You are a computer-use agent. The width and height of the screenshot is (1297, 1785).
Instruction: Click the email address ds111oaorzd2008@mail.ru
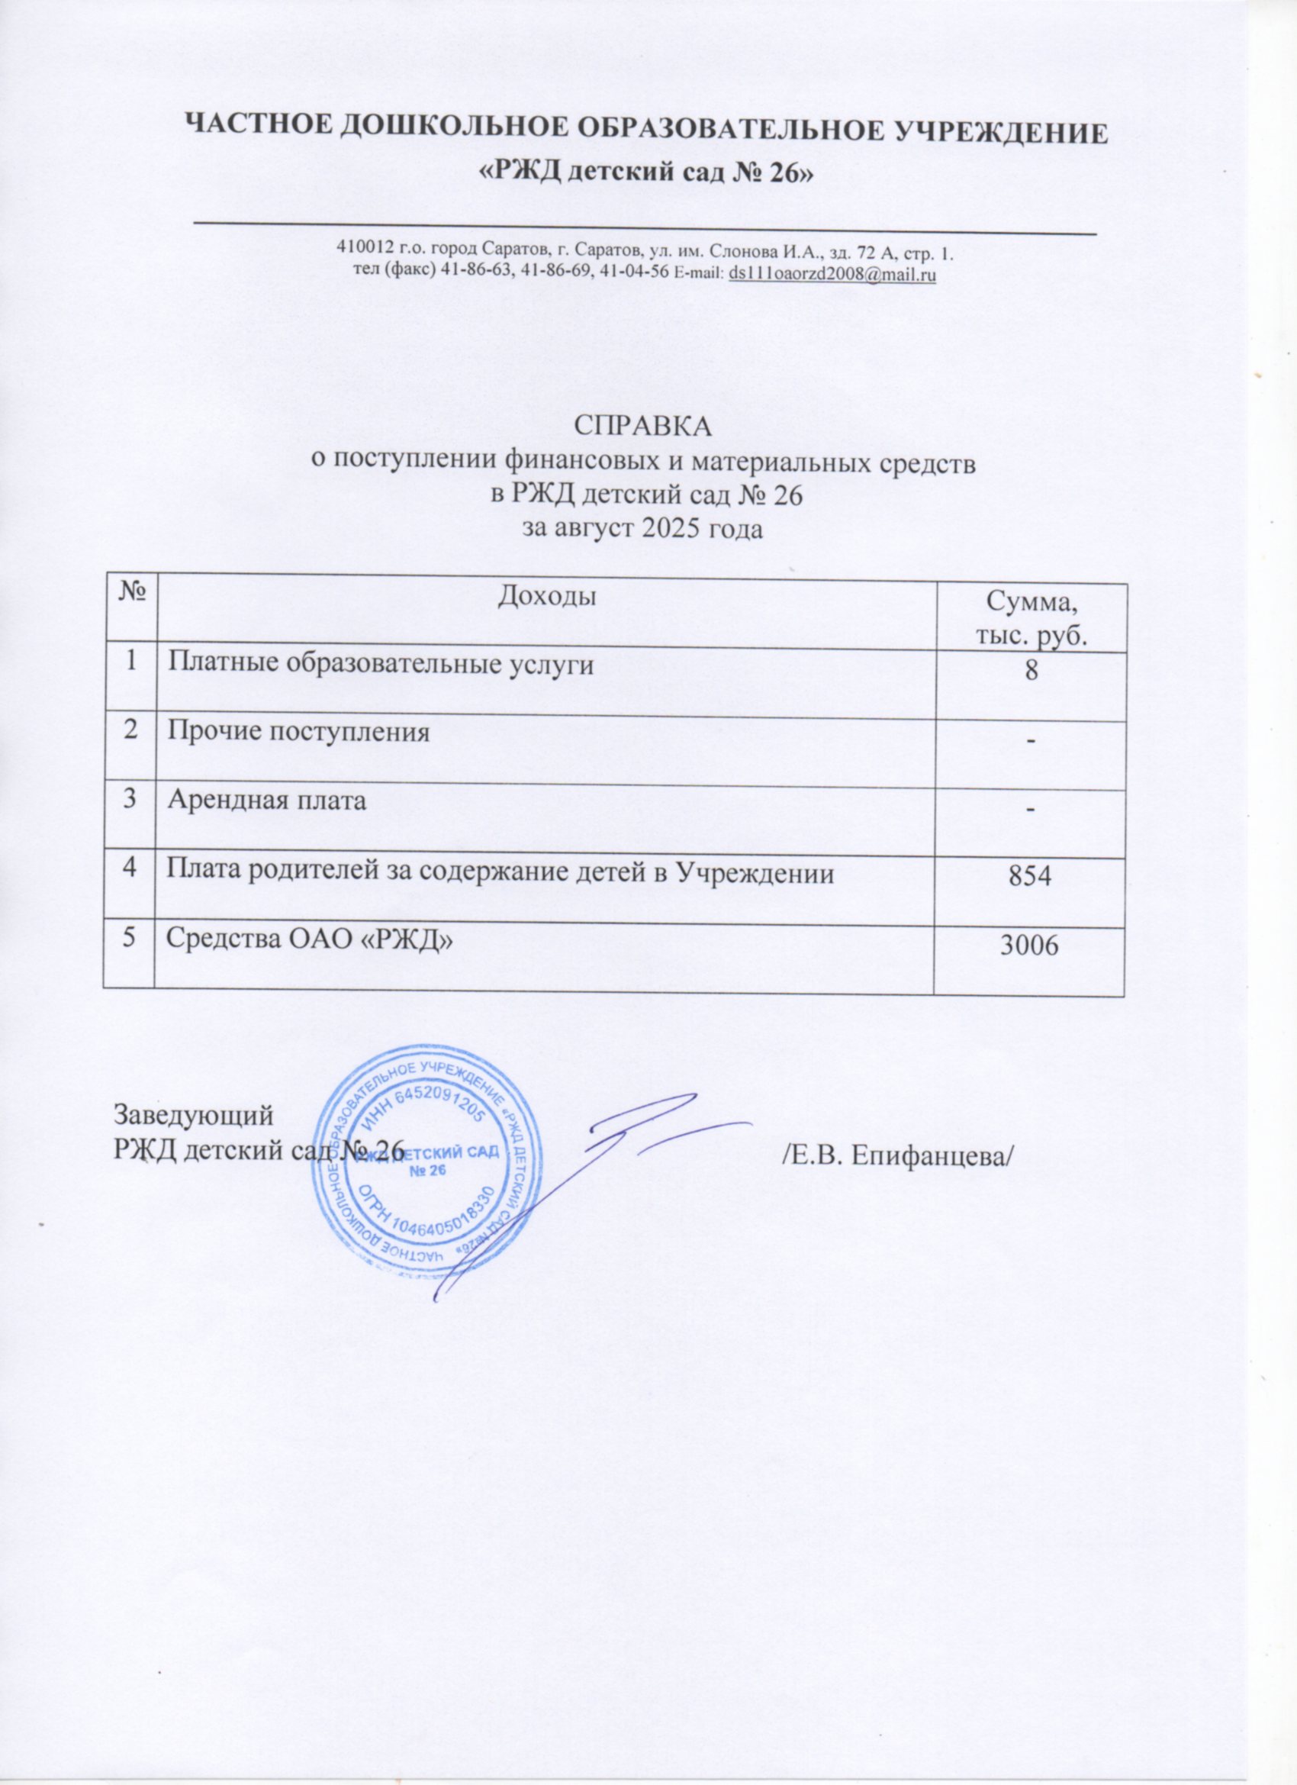tap(832, 275)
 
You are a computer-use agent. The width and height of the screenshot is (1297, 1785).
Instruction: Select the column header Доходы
tap(546, 598)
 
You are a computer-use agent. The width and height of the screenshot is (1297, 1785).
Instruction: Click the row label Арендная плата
tap(266, 801)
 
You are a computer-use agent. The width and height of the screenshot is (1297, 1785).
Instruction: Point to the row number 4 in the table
tap(129, 871)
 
